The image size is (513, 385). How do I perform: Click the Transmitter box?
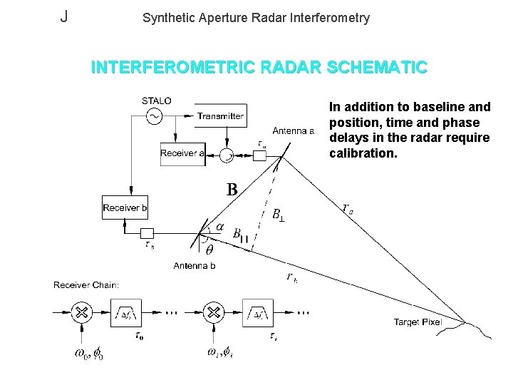[220, 116]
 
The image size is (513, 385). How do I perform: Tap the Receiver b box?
[125, 208]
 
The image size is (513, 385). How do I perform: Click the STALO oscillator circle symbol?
[154, 115]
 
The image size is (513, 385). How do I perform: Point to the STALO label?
[157, 101]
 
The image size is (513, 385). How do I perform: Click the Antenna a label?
[294, 130]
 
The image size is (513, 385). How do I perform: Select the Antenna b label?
[195, 266]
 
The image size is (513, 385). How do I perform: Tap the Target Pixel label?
[418, 322]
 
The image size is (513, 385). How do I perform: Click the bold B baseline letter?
[232, 190]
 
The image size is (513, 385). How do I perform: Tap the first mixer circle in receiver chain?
[82, 312]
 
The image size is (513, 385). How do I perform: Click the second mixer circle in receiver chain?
[212, 312]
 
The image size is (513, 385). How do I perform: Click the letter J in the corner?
[64, 16]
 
